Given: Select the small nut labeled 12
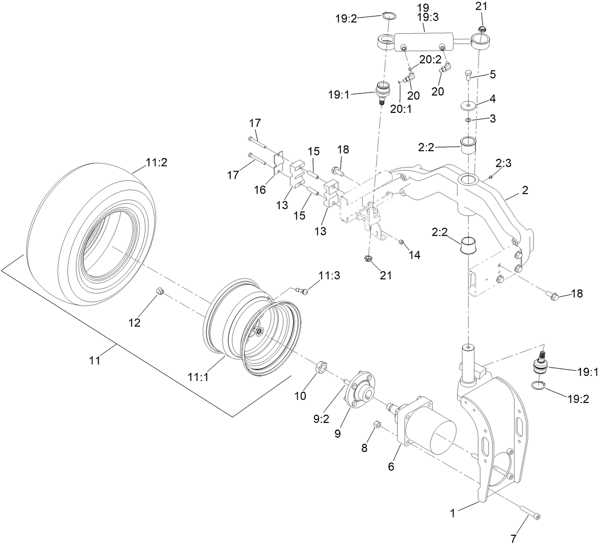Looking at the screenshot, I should pos(159,292).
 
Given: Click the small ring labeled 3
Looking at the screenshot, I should pos(468,121).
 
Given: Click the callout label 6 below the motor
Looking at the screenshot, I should pos(392,466).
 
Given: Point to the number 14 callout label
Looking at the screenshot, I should pos(414,255).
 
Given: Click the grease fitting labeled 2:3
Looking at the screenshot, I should pos(490,177).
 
